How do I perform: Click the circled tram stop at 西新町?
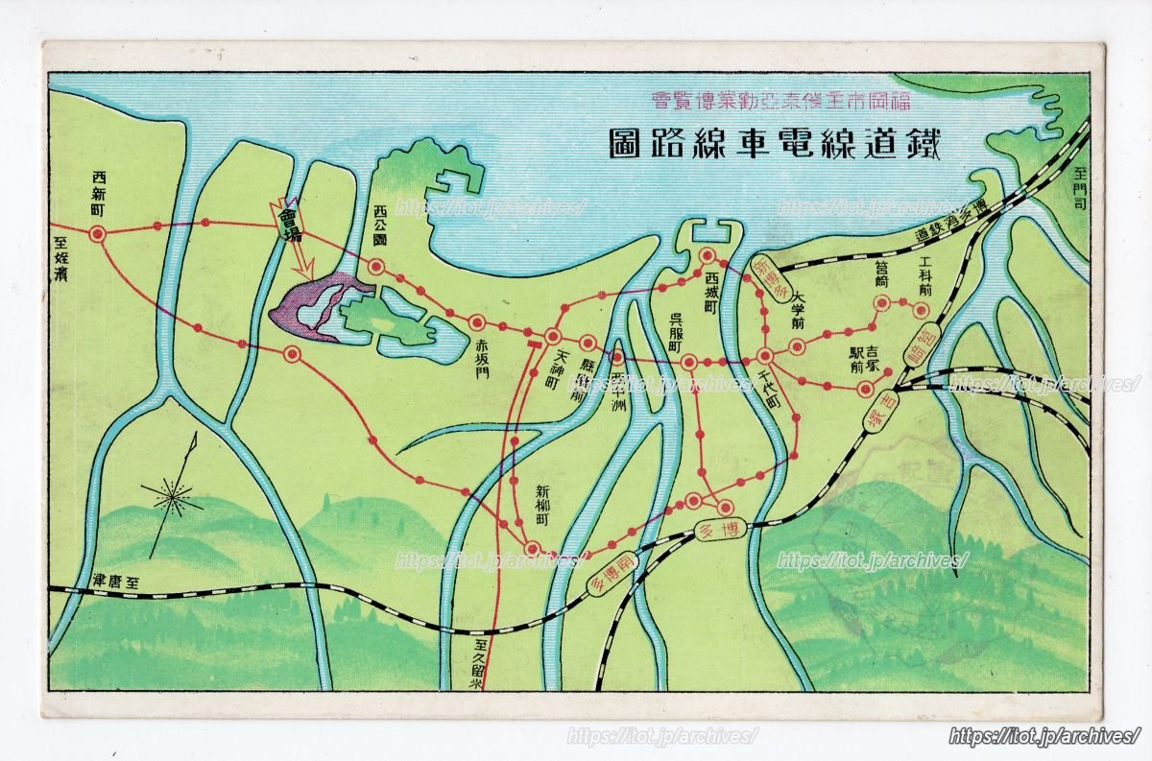click(97, 233)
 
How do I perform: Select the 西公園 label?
click(379, 226)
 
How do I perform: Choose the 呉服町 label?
click(677, 331)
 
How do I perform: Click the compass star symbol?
click(172, 497)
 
